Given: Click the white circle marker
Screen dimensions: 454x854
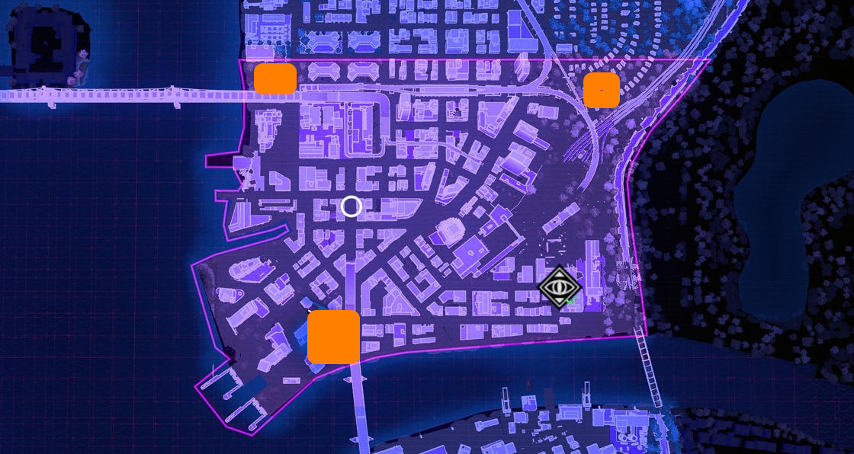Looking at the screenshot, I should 352,206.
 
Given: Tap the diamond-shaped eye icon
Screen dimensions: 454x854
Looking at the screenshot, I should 560,286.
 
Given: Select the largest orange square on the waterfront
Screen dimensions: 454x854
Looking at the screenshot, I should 334,337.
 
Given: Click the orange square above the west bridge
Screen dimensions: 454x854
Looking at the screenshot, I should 275,78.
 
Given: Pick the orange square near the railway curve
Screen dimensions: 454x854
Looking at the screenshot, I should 602,90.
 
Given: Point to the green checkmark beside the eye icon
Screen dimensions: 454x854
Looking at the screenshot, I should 571,301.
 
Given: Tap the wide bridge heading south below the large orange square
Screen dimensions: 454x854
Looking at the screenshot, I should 359,404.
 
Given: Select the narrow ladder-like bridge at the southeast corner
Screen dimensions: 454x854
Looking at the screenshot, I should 649,369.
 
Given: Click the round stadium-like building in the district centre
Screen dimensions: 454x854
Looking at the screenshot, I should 449,229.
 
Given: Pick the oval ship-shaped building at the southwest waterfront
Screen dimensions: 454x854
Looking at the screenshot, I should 248,267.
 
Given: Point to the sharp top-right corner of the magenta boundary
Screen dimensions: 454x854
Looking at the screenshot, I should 709,59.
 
